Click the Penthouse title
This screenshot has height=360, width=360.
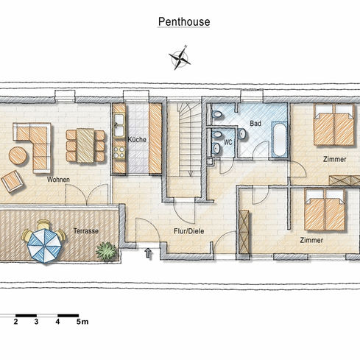[184, 22]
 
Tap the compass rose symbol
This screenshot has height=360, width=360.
[180, 58]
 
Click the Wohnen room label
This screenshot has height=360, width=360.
[58, 180]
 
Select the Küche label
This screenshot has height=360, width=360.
[137, 139]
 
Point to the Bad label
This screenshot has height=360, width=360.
[255, 123]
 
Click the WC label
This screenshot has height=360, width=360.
[228, 142]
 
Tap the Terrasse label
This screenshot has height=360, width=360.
[86, 231]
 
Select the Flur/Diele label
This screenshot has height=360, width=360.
[189, 231]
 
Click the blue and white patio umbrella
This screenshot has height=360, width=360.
[44, 245]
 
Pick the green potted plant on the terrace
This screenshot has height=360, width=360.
[106, 251]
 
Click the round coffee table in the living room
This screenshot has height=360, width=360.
[18, 155]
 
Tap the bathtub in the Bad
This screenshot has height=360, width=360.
[279, 139]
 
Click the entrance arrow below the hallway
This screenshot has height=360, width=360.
[148, 253]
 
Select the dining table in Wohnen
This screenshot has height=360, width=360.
[85, 146]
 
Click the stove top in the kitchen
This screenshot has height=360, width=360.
[119, 152]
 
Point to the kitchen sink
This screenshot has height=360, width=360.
[119, 125]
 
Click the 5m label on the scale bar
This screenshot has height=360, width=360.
[82, 322]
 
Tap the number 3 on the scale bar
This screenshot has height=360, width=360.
[36, 322]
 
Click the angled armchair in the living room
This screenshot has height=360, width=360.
[13, 181]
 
